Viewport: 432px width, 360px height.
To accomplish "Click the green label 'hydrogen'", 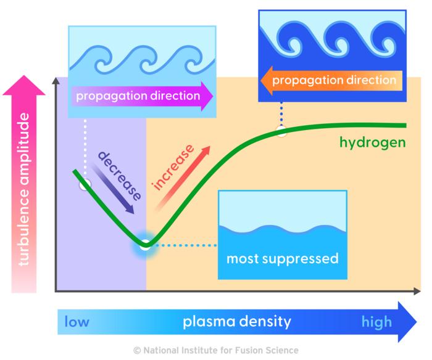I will [x=372, y=144].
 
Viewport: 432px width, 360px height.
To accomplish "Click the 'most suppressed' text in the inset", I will [x=282, y=258].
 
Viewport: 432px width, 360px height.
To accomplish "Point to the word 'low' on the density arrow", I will [x=77, y=322].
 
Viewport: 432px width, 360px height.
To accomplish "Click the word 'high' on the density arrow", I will [x=376, y=322].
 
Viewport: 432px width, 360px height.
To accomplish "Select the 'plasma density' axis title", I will [x=236, y=322].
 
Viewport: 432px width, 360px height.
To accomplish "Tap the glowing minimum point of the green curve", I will [x=144, y=245].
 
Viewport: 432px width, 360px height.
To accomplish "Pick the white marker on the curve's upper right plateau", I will [x=282, y=131].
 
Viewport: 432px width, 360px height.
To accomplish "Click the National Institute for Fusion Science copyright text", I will [x=215, y=350].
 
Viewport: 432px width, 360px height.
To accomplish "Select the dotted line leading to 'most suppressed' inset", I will [x=185, y=245].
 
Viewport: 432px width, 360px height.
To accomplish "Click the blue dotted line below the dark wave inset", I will [x=282, y=114].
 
